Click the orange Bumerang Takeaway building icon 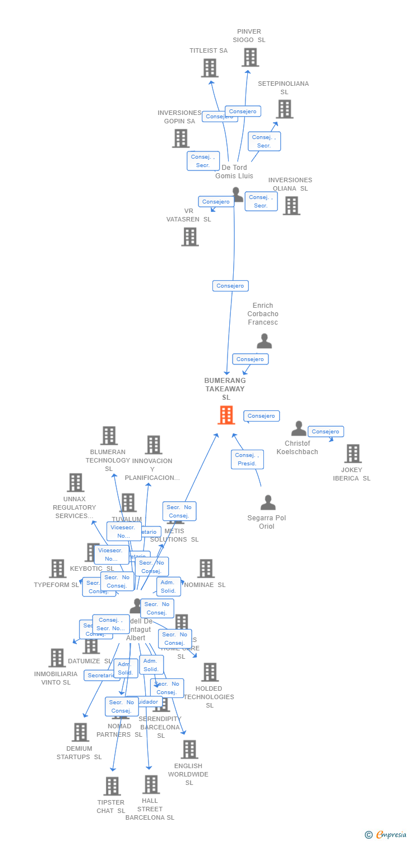226,415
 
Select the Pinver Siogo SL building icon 250,57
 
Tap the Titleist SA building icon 209,68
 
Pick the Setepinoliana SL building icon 284,109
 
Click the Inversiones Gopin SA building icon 180,138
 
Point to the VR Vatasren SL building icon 190,237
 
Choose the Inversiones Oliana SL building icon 291,206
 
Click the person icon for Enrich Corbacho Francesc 264,341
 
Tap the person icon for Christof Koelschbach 299,429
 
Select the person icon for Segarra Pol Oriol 268,503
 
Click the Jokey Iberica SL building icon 353,454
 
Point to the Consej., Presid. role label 247,459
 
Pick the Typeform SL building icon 57,569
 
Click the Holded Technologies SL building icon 210,672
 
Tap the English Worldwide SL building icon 189,749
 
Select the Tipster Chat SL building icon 112,786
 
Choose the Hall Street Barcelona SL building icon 150,784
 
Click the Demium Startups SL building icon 80,732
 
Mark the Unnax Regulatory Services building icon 75,483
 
